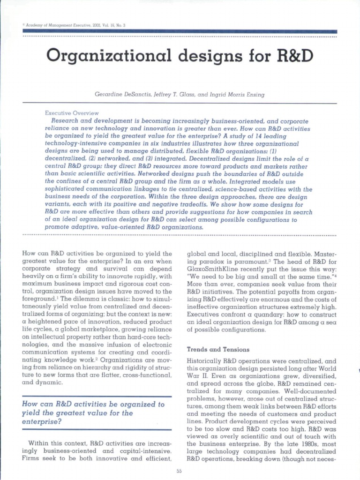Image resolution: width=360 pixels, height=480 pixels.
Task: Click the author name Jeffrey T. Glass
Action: [x=173, y=94]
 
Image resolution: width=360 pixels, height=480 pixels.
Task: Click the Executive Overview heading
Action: [x=72, y=113]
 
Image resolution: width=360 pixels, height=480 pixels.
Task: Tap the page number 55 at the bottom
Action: [x=179, y=471]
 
